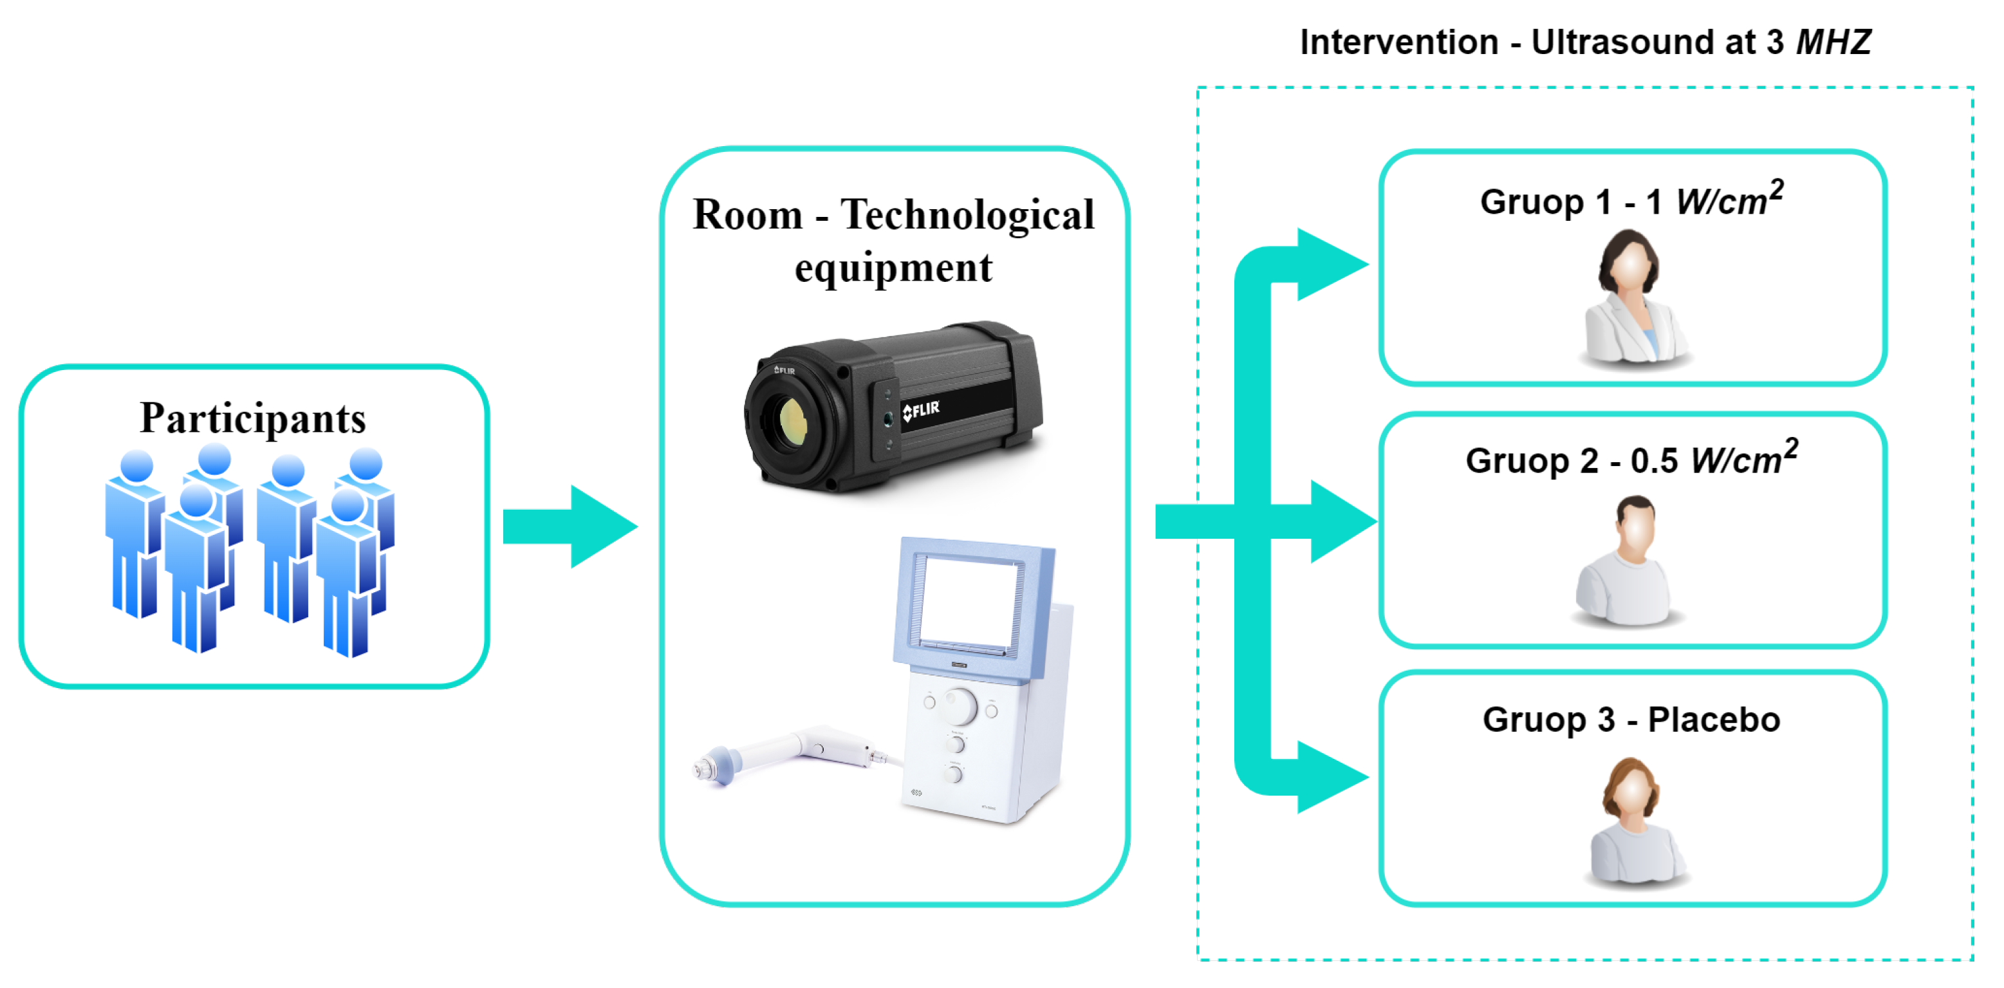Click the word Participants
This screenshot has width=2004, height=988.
click(253, 418)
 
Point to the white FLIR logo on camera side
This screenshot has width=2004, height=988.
click(921, 410)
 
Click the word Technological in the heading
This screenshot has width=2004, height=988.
click(967, 215)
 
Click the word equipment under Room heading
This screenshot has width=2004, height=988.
click(893, 268)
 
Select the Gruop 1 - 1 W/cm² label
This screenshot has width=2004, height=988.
click(1631, 201)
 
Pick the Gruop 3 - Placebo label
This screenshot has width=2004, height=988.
click(1631, 719)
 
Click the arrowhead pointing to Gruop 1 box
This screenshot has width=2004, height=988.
click(1330, 265)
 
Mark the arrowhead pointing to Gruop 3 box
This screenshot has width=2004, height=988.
click(1330, 777)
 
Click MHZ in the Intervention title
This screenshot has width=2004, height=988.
click(1833, 42)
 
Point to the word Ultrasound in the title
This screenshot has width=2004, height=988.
click(1642, 42)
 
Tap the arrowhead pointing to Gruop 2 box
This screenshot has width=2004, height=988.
click(1342, 521)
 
